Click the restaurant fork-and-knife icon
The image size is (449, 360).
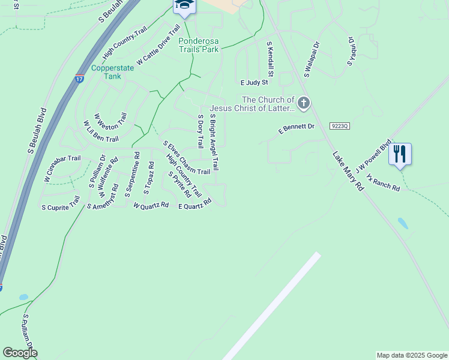400,154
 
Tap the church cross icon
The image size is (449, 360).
304,103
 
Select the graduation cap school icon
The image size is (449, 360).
184,5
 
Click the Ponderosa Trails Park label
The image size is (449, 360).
199,45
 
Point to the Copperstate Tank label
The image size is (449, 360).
113,72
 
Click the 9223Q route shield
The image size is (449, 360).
339,125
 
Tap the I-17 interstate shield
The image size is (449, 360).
80,79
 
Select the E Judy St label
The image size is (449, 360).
254,82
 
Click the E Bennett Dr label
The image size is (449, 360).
297,128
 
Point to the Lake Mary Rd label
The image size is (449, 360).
349,170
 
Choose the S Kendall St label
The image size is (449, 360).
271,59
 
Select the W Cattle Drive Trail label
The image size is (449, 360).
158,45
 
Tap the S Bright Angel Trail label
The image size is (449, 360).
214,142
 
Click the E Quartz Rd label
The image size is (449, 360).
195,205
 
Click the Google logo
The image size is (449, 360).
20,353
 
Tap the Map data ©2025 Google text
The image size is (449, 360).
411,355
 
